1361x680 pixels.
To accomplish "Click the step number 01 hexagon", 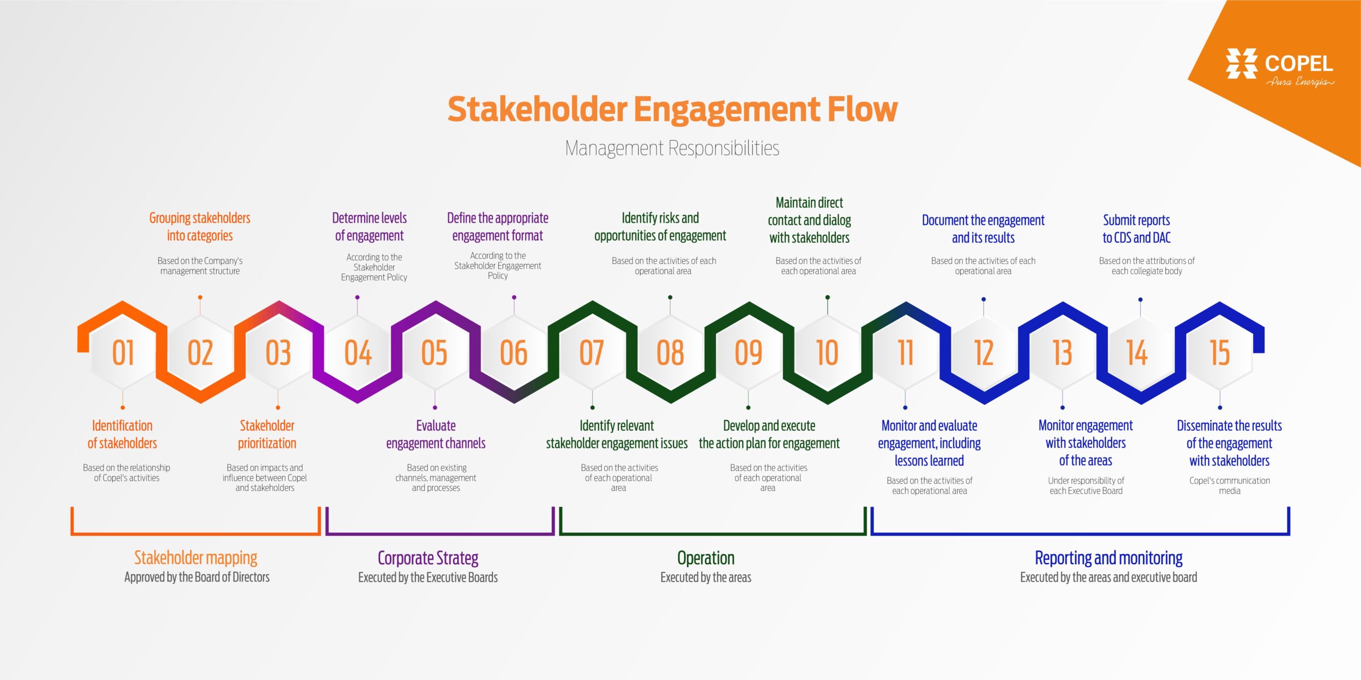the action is [x=123, y=353].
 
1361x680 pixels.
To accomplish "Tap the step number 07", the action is [x=592, y=353].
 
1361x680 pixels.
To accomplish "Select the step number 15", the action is [x=1220, y=353].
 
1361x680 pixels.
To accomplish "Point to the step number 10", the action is [x=827, y=353].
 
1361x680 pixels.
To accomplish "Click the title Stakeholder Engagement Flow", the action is [x=673, y=109].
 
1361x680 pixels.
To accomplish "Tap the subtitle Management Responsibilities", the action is [x=672, y=148].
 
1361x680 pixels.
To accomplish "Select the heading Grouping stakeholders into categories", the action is [x=200, y=227].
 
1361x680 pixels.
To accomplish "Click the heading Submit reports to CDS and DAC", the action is [x=1137, y=229].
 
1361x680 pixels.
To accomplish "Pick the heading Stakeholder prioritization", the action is [x=267, y=435].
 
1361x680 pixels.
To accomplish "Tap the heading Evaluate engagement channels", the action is [x=436, y=435].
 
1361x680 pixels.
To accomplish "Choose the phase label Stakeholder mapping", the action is [x=196, y=558].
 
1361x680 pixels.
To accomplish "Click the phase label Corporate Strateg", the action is [x=428, y=558].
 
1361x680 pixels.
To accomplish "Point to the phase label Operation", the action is [x=706, y=558].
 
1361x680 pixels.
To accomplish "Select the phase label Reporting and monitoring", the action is [x=1109, y=558].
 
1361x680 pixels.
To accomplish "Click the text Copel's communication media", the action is [x=1230, y=486].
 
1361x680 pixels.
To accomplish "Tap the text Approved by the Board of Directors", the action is [x=197, y=577].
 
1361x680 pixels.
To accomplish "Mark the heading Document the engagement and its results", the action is [x=983, y=229].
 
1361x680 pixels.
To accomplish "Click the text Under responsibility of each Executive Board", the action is [x=1086, y=486].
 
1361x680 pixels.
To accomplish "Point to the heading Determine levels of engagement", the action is [x=369, y=227].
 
